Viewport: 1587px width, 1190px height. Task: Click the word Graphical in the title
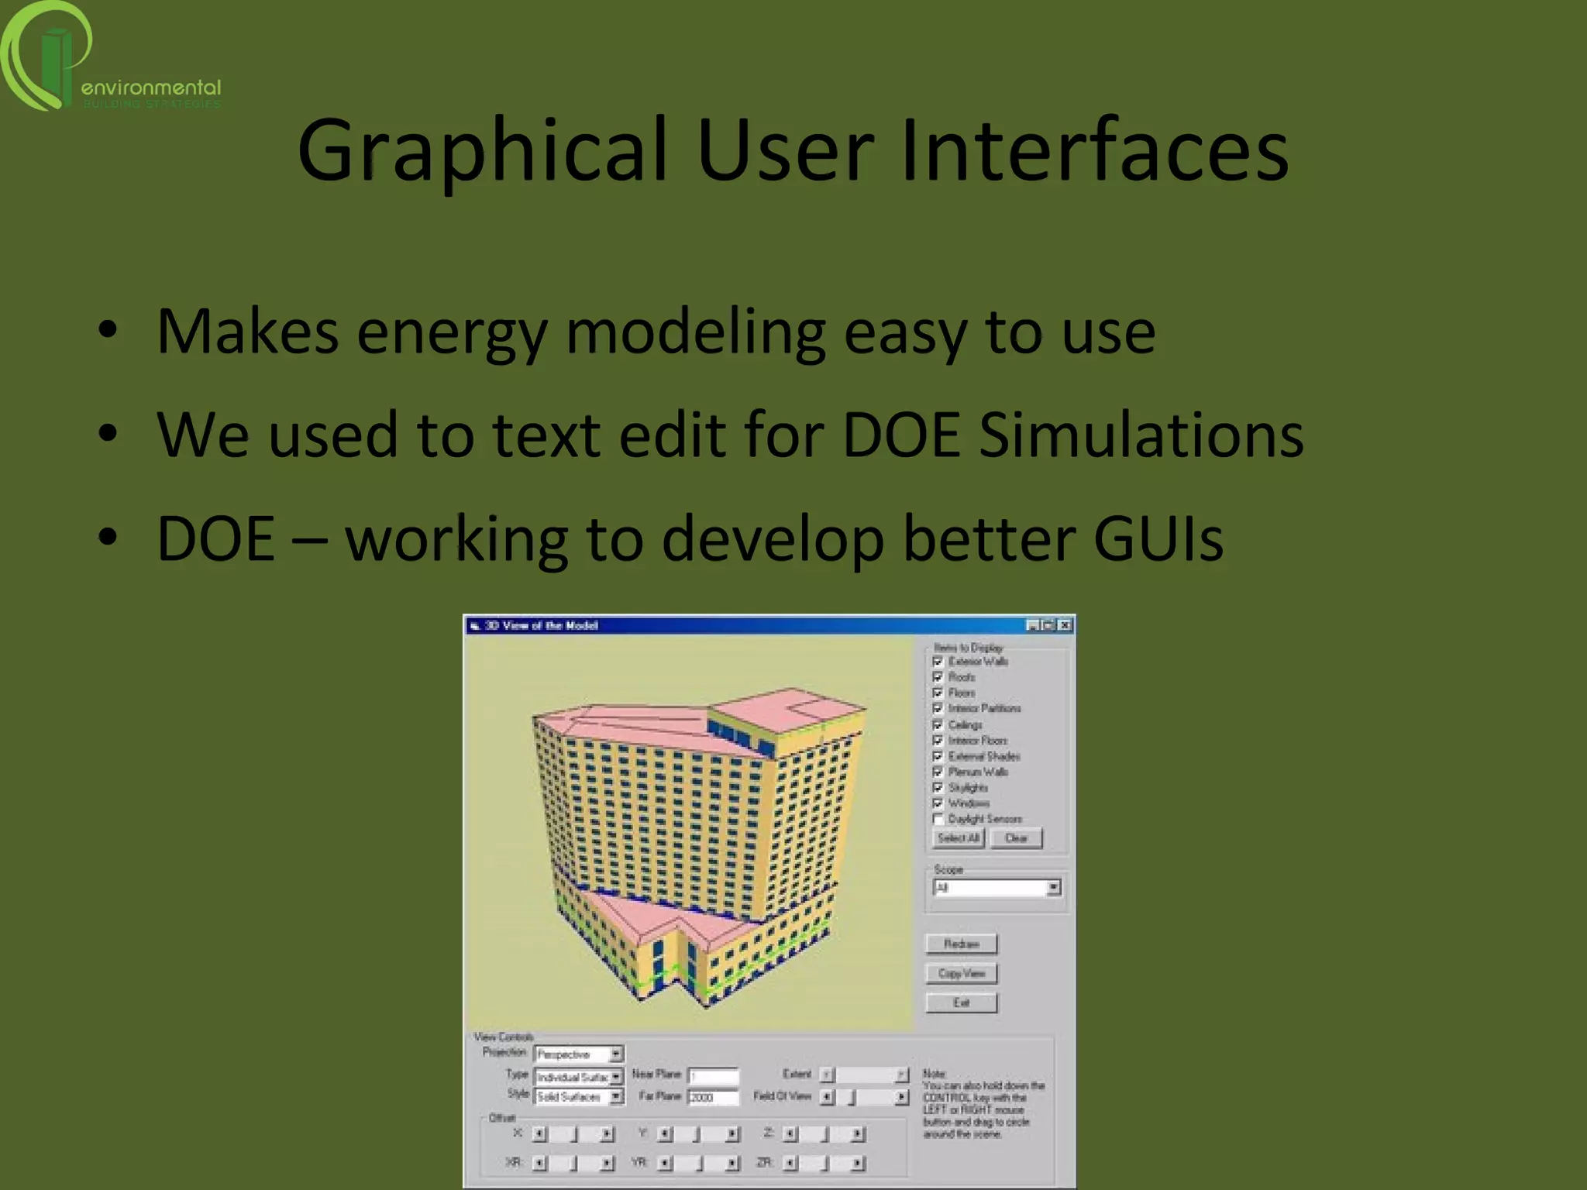click(x=480, y=152)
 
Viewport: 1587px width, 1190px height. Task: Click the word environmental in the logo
click(x=151, y=88)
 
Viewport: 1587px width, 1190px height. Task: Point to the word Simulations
click(x=1141, y=435)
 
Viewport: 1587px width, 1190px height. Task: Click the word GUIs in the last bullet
click(x=1158, y=538)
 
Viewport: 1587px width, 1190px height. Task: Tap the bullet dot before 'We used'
click(x=108, y=433)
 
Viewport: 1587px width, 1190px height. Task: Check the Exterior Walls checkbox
click(x=938, y=662)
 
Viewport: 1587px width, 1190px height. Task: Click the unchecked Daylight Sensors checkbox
click(x=938, y=819)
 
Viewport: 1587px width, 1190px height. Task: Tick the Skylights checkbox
click(x=938, y=788)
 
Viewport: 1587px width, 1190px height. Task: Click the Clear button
click(x=1016, y=838)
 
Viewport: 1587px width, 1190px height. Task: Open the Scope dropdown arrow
click(x=1053, y=888)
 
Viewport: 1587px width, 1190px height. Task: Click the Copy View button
click(x=962, y=974)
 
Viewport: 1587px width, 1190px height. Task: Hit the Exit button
click(x=962, y=1003)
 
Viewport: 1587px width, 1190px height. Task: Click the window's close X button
click(x=1065, y=625)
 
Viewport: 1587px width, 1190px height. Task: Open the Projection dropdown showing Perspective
click(x=616, y=1054)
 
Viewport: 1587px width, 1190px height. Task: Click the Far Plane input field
click(x=714, y=1097)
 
